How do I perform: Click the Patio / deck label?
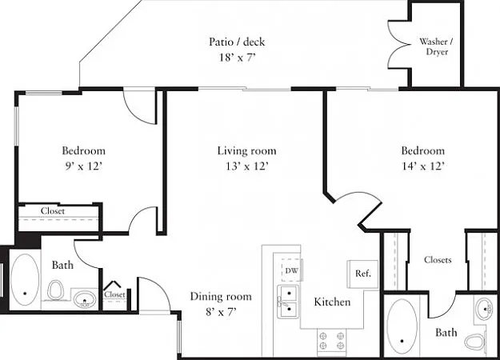point(237,42)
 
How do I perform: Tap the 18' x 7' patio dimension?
point(238,58)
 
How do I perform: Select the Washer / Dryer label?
point(437,46)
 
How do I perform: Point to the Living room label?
point(247,150)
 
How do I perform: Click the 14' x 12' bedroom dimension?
point(423,166)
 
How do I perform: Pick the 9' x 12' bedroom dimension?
point(83,166)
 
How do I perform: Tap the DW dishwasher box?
point(292,270)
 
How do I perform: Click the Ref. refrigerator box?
point(362,274)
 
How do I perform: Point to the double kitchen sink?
point(288,302)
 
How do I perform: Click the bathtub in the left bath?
point(25,280)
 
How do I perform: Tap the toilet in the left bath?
point(55,290)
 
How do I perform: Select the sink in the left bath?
point(85,300)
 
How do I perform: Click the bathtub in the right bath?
point(402,326)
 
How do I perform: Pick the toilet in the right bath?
point(475,342)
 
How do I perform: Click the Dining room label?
point(221,297)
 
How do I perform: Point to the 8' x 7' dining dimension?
point(221,311)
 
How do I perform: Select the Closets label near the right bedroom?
point(438,260)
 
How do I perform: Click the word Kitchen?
point(332,302)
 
